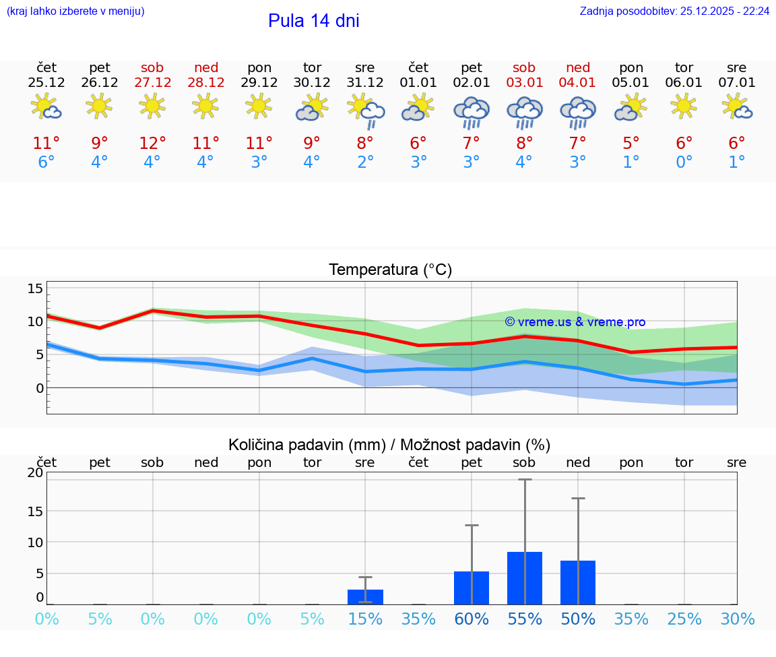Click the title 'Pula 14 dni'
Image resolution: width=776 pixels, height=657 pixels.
313,21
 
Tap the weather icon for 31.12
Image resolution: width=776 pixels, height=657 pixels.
365,110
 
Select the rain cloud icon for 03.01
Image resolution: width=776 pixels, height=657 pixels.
524,111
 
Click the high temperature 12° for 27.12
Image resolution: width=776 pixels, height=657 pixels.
152,143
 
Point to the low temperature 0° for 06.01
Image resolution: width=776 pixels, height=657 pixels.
684,162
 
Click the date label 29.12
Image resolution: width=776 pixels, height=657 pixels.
259,83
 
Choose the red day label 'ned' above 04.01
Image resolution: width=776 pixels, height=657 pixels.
578,67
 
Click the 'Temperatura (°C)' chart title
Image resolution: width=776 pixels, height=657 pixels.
390,270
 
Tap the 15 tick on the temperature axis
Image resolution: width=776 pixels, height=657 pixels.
35,288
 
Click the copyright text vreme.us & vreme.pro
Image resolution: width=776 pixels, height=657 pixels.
575,322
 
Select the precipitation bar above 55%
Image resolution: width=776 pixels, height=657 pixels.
524,578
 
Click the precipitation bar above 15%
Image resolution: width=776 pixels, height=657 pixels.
365,596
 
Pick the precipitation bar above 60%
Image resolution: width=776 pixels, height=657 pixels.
472,588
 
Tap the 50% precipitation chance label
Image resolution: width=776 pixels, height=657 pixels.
578,619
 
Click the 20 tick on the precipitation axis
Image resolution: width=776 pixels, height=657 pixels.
35,473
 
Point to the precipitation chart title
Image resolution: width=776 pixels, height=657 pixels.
389,445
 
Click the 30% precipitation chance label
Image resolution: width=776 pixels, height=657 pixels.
737,619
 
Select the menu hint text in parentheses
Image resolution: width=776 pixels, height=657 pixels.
75,11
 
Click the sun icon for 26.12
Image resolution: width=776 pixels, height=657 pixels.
99,106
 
